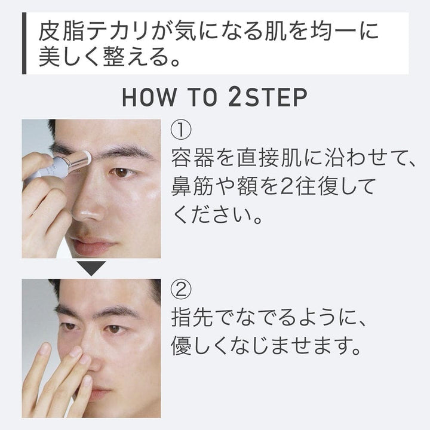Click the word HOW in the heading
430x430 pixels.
pyautogui.click(x=149, y=97)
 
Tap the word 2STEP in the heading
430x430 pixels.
pyautogui.click(x=268, y=97)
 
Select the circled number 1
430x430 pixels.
pyautogui.click(x=181, y=130)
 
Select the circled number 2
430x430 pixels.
pyautogui.click(x=181, y=290)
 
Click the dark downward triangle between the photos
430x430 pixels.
pyautogui.click(x=91, y=268)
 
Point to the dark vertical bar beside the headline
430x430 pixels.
pyautogui.click(x=24, y=43)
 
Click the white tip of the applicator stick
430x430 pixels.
pyautogui.click(x=87, y=158)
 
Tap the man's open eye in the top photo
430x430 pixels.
pyautogui.click(x=121, y=173)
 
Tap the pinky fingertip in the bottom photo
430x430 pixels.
pyautogui.click(x=44, y=348)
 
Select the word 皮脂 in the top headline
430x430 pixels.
pyautogui.click(x=61, y=30)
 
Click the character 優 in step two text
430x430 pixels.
pyautogui.click(x=182, y=346)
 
